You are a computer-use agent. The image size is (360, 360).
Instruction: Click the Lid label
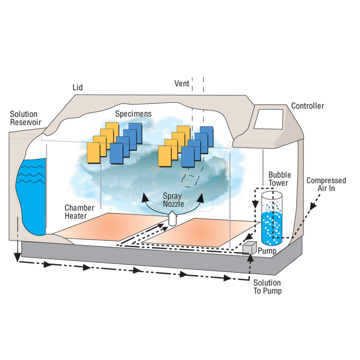coord(77,87)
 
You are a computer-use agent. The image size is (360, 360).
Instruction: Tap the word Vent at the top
coord(182,83)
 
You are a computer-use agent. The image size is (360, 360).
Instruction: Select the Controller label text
coord(308,106)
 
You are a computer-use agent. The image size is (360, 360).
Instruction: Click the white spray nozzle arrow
coord(173,219)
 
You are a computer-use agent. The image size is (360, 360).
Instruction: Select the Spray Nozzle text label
coord(172,200)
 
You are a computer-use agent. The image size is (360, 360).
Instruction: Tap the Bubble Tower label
coord(279,179)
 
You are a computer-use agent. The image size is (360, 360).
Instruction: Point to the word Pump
coord(267,251)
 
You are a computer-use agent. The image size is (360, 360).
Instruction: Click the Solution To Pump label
coord(267,286)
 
